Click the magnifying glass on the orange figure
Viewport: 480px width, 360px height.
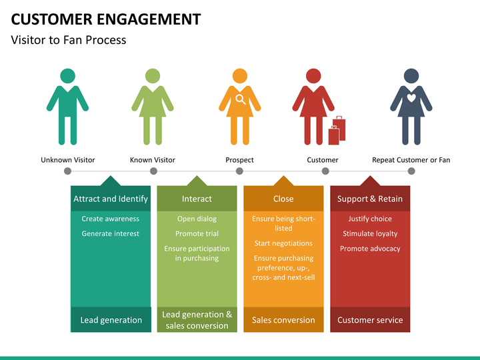click(240, 99)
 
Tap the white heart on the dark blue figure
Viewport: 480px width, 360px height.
click(411, 97)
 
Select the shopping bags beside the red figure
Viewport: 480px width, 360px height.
click(337, 131)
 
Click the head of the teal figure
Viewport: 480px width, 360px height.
click(67, 76)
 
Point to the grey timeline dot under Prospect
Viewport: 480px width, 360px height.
click(240, 171)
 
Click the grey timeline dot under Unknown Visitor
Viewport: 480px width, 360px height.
click(67, 171)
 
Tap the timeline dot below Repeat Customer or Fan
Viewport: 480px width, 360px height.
click(411, 171)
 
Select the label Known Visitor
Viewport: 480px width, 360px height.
click(153, 160)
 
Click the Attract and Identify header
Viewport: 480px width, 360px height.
click(111, 199)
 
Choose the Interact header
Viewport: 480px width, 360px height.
click(197, 199)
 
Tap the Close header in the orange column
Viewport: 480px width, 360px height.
click(283, 199)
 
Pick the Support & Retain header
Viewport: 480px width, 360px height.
click(370, 199)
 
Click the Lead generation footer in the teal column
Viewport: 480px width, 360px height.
click(111, 320)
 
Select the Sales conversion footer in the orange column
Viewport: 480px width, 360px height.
click(283, 320)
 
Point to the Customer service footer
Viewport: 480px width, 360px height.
click(370, 320)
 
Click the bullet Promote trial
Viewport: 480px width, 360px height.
click(197, 233)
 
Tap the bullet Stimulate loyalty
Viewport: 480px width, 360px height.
click(370, 234)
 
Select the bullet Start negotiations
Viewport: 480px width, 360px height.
click(283, 243)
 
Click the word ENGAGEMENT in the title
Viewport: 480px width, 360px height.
click(149, 19)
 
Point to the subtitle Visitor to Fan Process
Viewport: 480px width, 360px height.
click(69, 40)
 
